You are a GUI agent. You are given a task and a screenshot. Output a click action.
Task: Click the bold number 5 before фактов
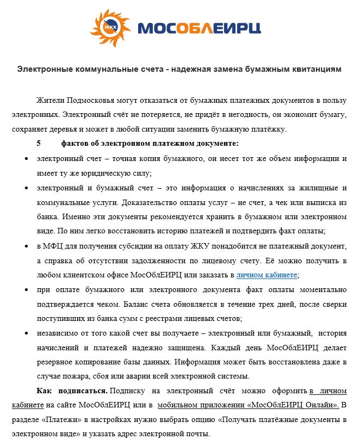(39, 144)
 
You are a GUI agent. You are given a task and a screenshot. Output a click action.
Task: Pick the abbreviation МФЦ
(54, 246)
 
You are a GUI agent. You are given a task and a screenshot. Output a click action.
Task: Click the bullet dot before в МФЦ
(27, 246)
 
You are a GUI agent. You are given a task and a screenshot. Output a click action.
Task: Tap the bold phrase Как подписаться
(72, 391)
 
